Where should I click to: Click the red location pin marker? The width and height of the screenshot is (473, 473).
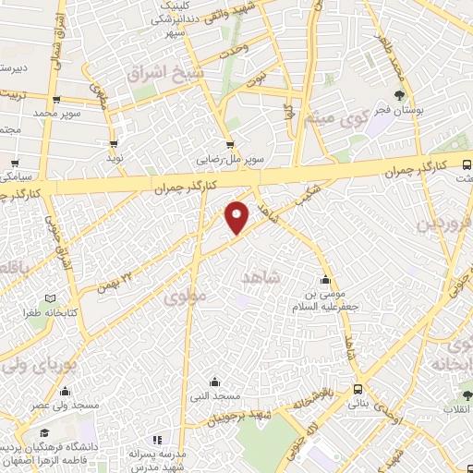(237, 216)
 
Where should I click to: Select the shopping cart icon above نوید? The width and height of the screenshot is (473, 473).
(115, 144)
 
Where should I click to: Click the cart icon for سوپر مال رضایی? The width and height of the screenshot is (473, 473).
(230, 144)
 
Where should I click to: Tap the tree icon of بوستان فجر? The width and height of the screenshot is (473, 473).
(399, 95)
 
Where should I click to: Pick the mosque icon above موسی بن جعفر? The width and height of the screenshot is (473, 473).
(324, 281)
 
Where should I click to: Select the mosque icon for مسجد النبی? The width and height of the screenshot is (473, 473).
(214, 382)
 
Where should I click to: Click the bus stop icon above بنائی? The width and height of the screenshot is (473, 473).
(358, 390)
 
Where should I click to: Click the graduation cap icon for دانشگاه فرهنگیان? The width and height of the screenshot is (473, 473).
(43, 432)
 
